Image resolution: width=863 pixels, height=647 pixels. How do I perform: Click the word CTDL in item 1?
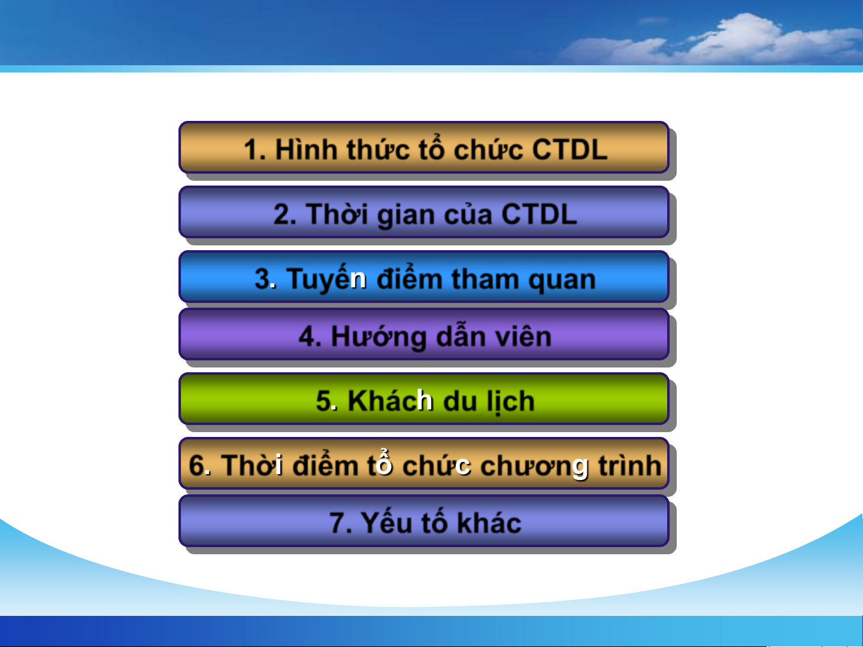click(570, 150)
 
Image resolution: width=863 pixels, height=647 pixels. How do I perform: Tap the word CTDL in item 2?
click(539, 214)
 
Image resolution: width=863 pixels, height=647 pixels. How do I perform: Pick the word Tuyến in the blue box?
click(326, 278)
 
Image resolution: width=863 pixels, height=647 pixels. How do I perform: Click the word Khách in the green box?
click(390, 400)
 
